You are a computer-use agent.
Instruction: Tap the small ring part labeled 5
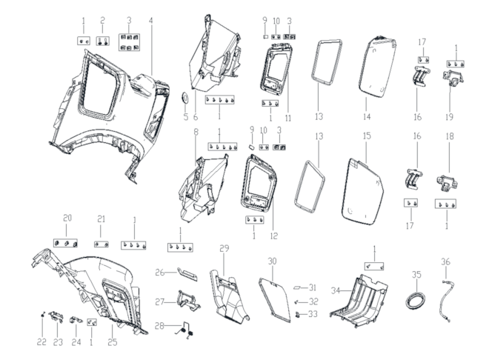click(x=185, y=99)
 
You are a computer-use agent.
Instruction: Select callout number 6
click(x=196, y=117)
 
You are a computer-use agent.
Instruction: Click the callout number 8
click(x=196, y=133)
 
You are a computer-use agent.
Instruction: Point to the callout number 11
click(x=288, y=118)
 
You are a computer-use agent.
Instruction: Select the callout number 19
click(x=449, y=117)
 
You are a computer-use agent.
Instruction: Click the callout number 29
click(x=224, y=248)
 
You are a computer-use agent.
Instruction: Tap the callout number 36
click(x=445, y=261)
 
